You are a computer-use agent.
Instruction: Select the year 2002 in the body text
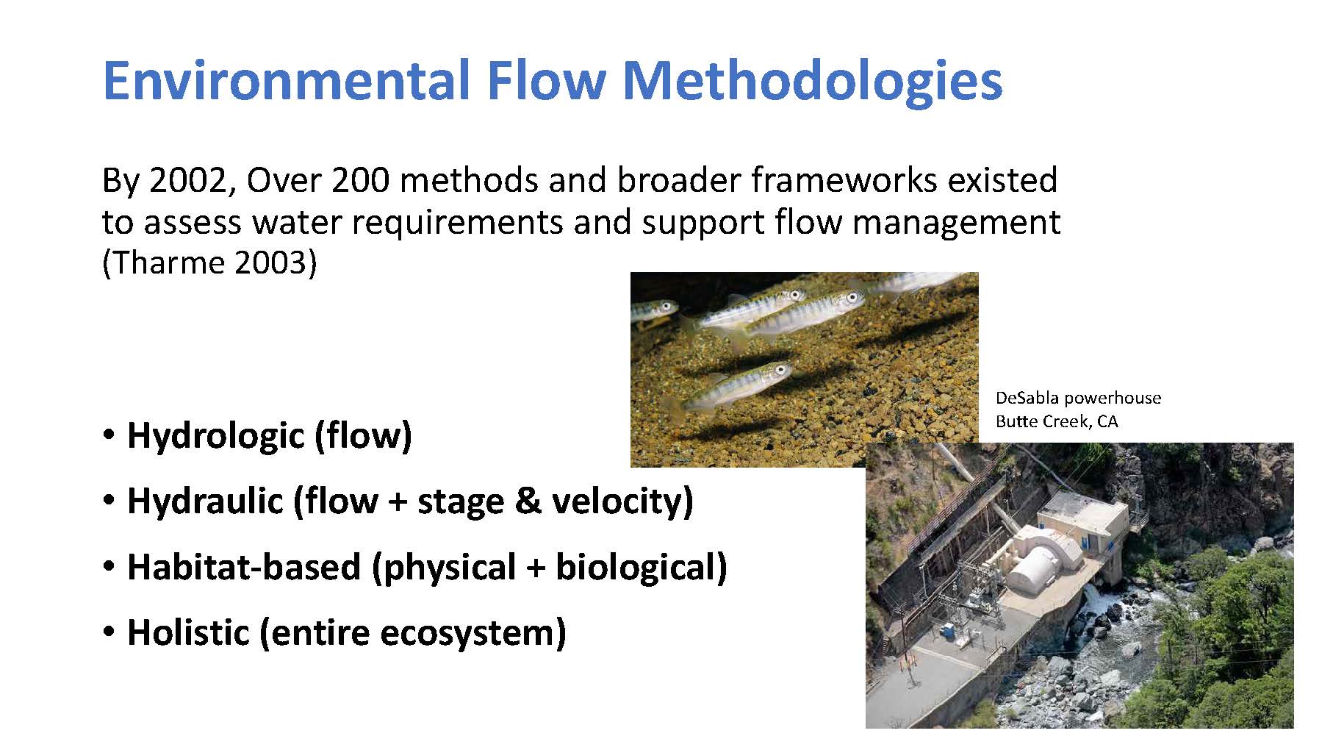189,180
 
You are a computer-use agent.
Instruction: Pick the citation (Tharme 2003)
209,262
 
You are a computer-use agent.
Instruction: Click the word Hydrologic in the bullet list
215,435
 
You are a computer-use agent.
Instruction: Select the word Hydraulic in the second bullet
205,501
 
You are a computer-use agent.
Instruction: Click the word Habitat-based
244,567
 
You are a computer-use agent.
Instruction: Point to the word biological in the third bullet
641,568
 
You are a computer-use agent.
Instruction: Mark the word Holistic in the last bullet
188,632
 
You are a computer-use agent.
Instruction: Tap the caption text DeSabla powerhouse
1078,399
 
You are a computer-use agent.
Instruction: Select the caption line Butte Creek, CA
1057,421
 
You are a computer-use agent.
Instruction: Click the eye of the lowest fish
780,370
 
